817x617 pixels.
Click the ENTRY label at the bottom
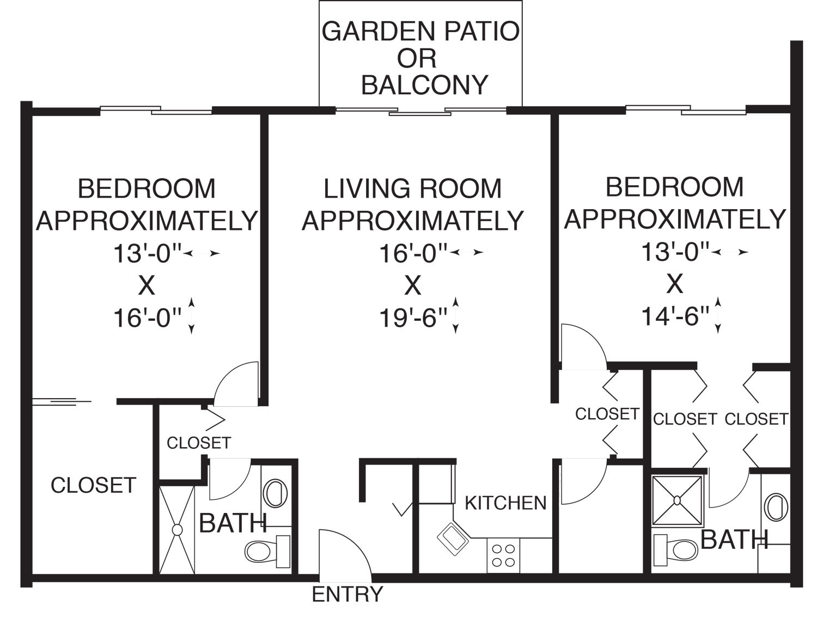tap(347, 594)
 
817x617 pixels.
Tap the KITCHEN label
tap(505, 503)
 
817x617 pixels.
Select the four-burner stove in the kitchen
tap(503, 555)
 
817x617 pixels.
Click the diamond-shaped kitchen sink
tap(453, 538)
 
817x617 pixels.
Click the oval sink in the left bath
tap(275, 493)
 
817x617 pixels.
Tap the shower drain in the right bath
tap(677, 500)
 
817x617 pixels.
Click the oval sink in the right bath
tap(776, 507)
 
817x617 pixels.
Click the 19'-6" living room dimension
tap(413, 317)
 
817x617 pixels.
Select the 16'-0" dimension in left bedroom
tap(147, 317)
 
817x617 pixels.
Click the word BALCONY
tap(425, 85)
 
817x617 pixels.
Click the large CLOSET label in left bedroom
tap(93, 485)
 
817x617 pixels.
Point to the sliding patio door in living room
tap(420, 112)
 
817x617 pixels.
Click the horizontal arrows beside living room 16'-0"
tap(467, 252)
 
